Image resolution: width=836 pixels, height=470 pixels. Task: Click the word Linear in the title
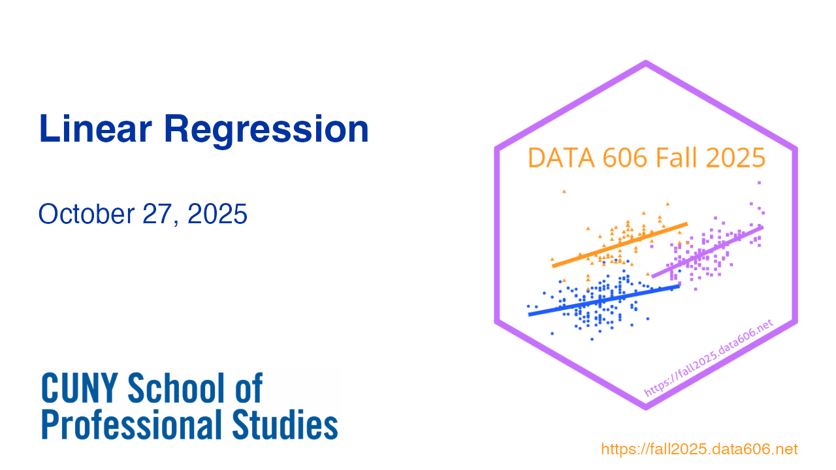[95, 129]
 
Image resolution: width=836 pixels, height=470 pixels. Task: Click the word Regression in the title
[266, 131]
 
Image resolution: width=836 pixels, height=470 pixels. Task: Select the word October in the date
[86, 214]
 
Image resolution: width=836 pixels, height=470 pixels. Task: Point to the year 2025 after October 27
[217, 214]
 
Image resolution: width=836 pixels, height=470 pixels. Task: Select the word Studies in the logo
[285, 424]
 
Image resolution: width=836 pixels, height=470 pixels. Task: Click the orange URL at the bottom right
[699, 449]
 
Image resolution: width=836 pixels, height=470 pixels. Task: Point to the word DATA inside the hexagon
[561, 158]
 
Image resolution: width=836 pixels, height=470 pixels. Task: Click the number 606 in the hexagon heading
[624, 158]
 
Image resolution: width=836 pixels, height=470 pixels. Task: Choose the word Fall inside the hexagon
[676, 157]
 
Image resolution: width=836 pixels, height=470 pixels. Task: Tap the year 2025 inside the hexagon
[735, 158]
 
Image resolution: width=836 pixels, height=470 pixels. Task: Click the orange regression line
[620, 245]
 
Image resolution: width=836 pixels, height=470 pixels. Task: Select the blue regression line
[604, 300]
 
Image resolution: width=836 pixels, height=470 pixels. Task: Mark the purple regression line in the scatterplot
[707, 252]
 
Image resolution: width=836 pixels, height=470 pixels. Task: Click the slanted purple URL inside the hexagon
[709, 358]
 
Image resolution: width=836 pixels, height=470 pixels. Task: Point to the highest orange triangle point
[564, 191]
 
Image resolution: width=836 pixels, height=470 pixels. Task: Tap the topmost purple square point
[759, 183]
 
